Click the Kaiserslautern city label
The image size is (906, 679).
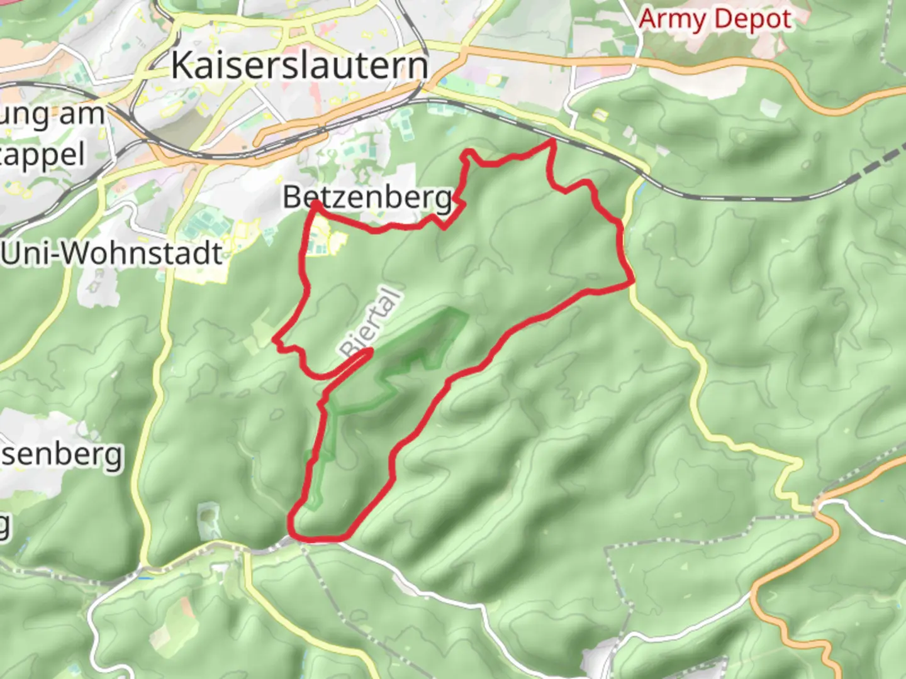(299, 65)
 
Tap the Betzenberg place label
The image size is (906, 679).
(367, 197)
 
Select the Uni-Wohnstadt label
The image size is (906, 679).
(112, 253)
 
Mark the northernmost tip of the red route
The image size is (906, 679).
(553, 141)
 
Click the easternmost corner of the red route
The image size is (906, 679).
(632, 284)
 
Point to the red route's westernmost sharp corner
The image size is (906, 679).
(275, 340)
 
